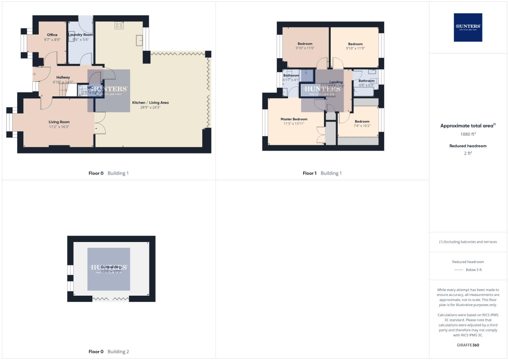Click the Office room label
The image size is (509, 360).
(x=52, y=35)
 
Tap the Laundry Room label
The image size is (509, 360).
(x=81, y=35)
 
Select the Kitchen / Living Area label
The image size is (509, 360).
(x=150, y=103)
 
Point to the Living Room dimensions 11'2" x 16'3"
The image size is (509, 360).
(x=59, y=127)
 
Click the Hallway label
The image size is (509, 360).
(x=63, y=77)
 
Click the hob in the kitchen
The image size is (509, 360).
(x=119, y=25)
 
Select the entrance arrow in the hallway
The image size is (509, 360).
(x=34, y=74)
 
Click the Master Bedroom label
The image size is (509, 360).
(x=294, y=119)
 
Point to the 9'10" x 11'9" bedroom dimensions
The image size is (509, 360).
(x=355, y=48)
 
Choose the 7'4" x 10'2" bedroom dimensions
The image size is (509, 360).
(x=362, y=126)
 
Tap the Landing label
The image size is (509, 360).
(x=336, y=82)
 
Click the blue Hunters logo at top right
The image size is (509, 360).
(x=468, y=27)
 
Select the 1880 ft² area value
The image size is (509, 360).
(x=468, y=134)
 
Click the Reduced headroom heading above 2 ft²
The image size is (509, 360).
(x=468, y=146)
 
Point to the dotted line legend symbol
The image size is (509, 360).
(x=459, y=270)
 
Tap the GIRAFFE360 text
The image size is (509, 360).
(x=468, y=345)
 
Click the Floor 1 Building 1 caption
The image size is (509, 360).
(x=322, y=173)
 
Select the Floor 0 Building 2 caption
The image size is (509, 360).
(x=109, y=351)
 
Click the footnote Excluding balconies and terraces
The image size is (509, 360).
(x=468, y=242)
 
